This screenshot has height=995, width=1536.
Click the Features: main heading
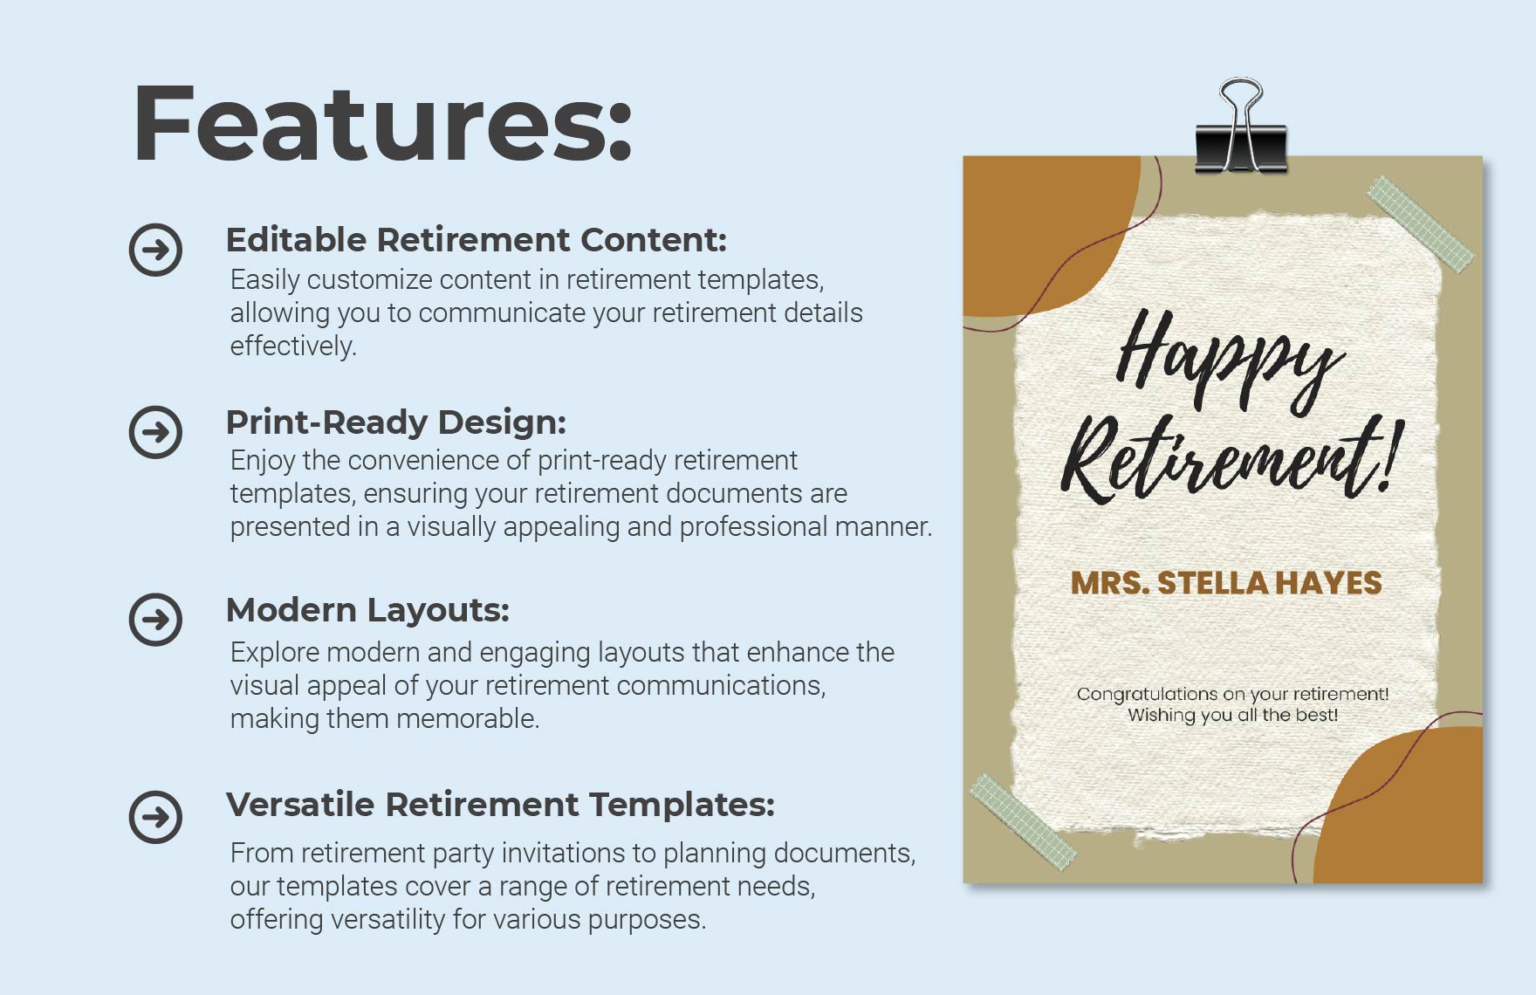(x=381, y=123)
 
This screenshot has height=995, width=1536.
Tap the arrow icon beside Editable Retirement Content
(x=155, y=250)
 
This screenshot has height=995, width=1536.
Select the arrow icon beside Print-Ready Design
(x=155, y=432)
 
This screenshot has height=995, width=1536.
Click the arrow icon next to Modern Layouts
(x=155, y=620)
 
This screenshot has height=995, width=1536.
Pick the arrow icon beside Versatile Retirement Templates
(x=155, y=817)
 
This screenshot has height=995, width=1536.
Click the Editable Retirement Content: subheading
(x=476, y=240)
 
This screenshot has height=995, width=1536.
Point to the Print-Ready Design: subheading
(x=395, y=422)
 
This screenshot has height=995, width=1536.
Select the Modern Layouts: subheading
(x=367, y=610)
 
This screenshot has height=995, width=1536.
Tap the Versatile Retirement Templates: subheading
(x=500, y=805)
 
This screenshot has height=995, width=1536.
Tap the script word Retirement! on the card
(x=1231, y=460)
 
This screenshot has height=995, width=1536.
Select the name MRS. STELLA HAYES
(x=1226, y=583)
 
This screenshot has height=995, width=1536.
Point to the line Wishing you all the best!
(x=1232, y=716)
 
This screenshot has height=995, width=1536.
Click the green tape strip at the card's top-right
(x=1420, y=223)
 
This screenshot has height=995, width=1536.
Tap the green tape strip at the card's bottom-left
(x=1023, y=819)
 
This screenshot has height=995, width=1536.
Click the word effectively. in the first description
(x=293, y=347)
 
